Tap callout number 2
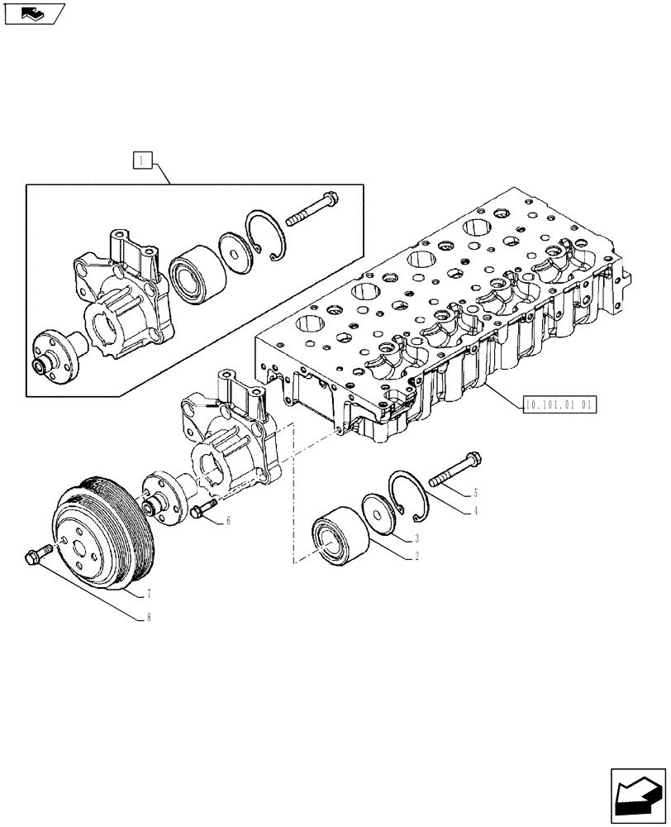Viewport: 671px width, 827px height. (418, 557)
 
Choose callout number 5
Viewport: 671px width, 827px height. (475, 494)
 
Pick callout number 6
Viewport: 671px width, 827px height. (227, 521)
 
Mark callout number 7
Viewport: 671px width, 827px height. (148, 595)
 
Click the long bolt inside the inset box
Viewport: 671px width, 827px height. (312, 209)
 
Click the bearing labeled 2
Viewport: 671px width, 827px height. (335, 535)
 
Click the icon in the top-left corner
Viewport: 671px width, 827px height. (33, 13)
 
